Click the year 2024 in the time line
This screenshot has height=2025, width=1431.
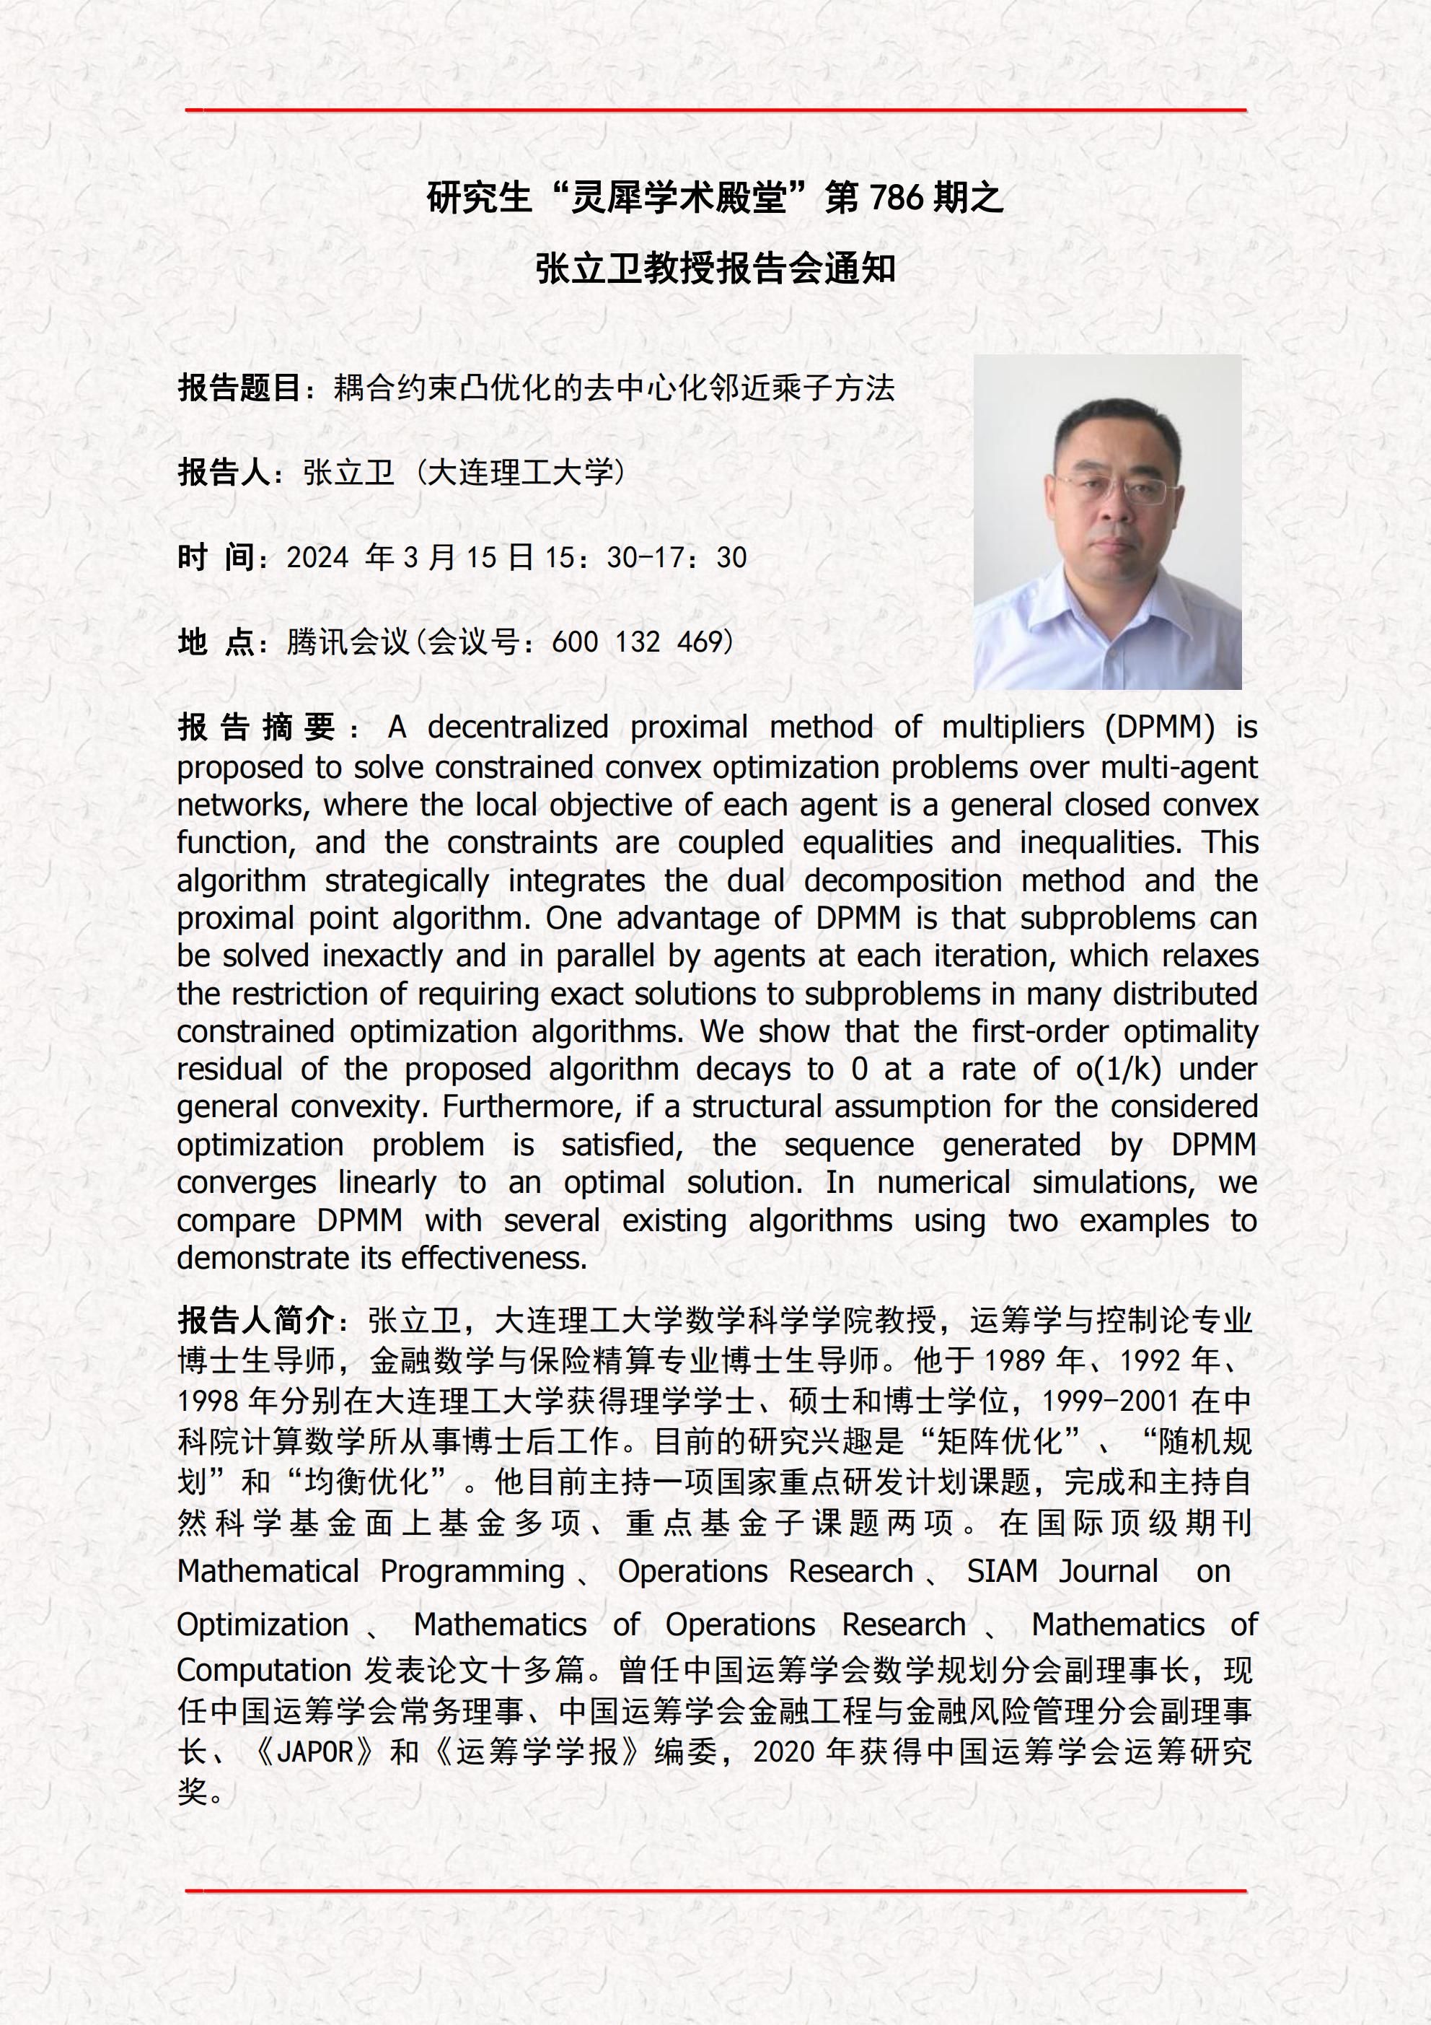[318, 557]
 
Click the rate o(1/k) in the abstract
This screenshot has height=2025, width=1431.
[1118, 1069]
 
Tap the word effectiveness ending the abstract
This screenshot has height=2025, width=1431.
[496, 1259]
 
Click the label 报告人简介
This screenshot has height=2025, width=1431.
[256, 1321]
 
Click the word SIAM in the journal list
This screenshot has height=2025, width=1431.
[1002, 1572]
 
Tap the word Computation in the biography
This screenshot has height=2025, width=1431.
[265, 1671]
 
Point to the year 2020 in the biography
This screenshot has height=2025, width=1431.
[784, 1751]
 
